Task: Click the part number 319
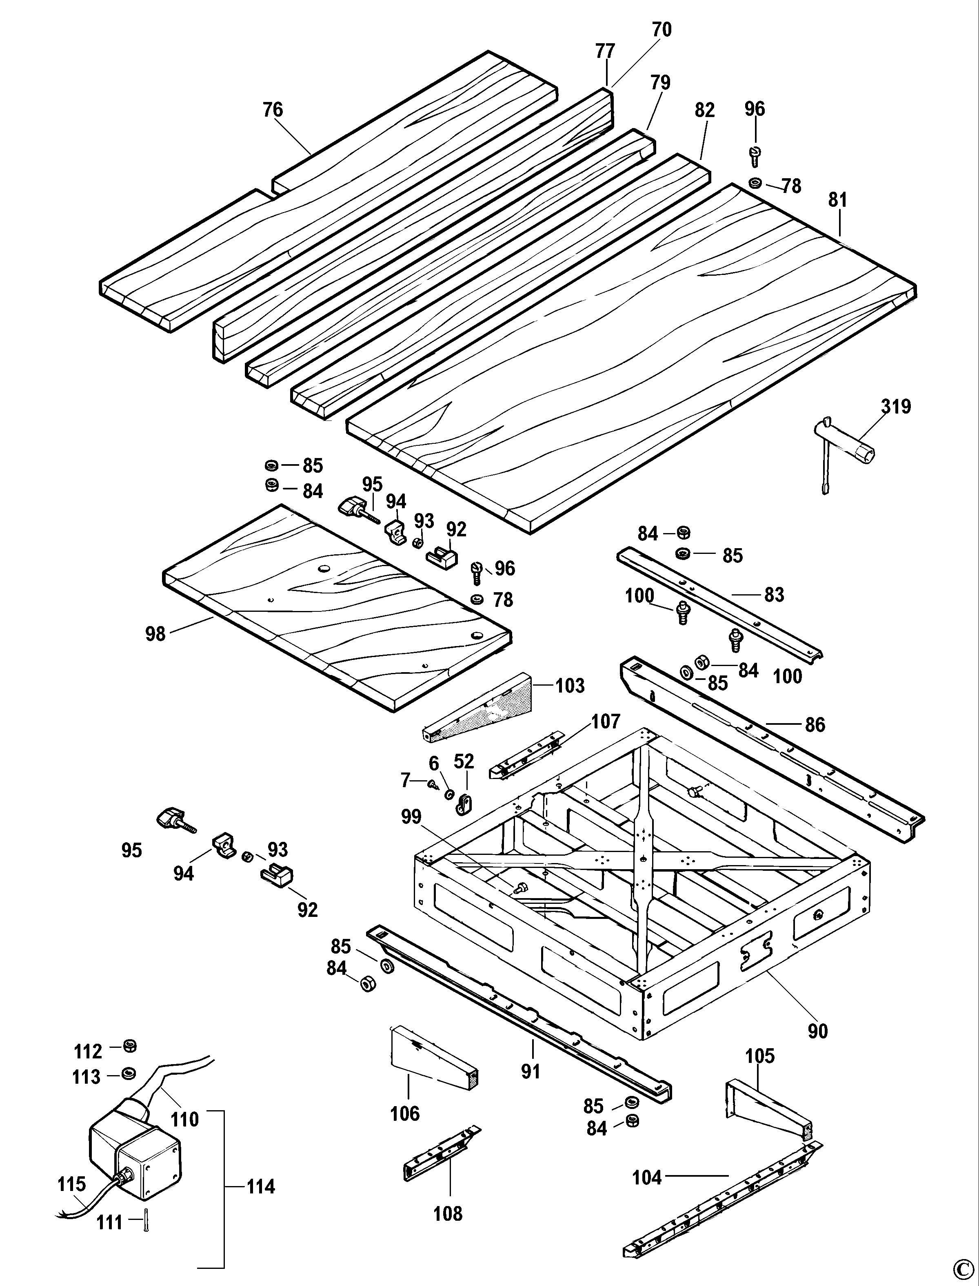pyautogui.click(x=896, y=406)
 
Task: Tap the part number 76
pyautogui.click(x=273, y=109)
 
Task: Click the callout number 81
pyautogui.click(x=837, y=200)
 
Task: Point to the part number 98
pyautogui.click(x=155, y=634)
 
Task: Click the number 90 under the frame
pyautogui.click(x=817, y=1031)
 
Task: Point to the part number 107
pyautogui.click(x=606, y=722)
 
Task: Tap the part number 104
pyautogui.click(x=647, y=1177)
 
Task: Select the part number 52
pyautogui.click(x=464, y=761)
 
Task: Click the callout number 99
pyautogui.click(x=411, y=817)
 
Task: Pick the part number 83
pyautogui.click(x=774, y=595)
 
